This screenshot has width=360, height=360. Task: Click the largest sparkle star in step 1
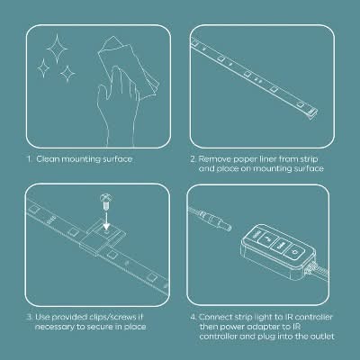coord(56,49)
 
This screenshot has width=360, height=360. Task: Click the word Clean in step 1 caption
coord(48,159)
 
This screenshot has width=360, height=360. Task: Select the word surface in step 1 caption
coord(117,159)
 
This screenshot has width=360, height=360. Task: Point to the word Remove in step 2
coord(215,159)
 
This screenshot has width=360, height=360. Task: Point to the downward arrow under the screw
coord(106,218)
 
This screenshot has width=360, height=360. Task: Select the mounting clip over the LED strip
coord(103,238)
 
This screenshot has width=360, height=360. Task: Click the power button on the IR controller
coord(293,252)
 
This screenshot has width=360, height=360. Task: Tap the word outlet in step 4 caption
coord(322,337)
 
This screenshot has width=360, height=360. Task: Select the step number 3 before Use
coord(30,317)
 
